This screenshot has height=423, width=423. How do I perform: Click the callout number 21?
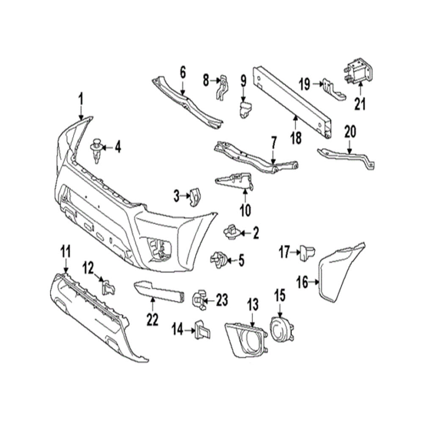tap(360, 104)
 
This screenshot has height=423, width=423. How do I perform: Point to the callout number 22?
tap(152, 319)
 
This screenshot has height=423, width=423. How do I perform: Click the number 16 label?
tap(302, 282)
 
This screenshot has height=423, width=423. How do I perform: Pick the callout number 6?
tap(182, 72)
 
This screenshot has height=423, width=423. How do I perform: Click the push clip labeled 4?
tap(97, 150)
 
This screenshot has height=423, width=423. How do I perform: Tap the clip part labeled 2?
tap(231, 231)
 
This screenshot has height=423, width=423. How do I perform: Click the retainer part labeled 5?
tap(218, 259)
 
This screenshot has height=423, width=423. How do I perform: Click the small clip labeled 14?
tap(201, 330)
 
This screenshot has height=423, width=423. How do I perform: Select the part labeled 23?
tap(200, 300)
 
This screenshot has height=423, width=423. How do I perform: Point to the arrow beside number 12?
tap(100, 278)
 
